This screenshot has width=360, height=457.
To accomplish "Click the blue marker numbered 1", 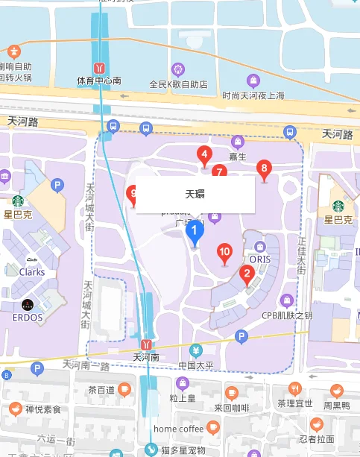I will click(195, 231).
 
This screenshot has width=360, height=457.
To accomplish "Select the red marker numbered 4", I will click(203, 155).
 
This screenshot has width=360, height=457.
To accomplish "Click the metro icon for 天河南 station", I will click(147, 344).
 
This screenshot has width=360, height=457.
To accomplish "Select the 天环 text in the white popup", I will click(195, 194).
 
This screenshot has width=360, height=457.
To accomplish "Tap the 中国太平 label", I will click(197, 365).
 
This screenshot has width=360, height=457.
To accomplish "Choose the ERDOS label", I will click(28, 318).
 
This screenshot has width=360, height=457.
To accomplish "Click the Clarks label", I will click(32, 272).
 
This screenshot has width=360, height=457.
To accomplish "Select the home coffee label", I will click(179, 429).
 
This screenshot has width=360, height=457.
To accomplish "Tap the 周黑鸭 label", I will click(336, 405).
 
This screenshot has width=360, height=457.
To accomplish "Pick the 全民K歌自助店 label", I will click(178, 84).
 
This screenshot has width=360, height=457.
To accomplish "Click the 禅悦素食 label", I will click(42, 409).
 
